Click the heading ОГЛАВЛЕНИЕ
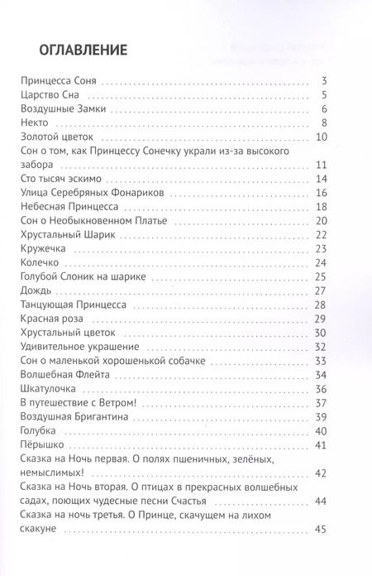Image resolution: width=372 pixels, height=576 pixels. [x=72, y=49]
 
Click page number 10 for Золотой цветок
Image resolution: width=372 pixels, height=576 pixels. [x=323, y=137]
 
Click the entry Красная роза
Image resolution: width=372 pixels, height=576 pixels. [x=51, y=319]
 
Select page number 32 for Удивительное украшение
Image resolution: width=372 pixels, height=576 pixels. [x=323, y=346]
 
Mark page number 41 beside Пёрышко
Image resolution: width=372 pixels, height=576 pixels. [x=323, y=445]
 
